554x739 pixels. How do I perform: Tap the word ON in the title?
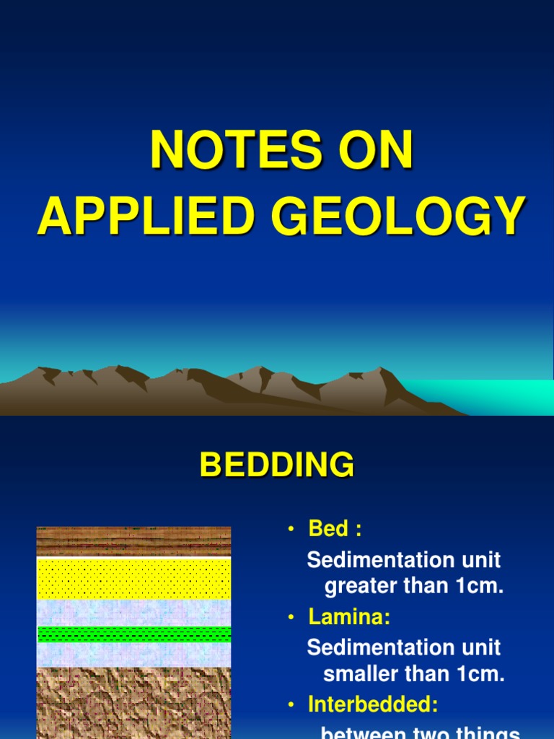coord(377,151)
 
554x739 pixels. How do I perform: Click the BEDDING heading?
coord(277,465)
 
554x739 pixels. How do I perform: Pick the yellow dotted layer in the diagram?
coord(133,578)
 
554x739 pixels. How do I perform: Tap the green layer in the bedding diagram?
coord(133,634)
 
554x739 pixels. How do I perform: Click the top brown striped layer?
coord(133,541)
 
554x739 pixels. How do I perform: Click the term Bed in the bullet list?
coord(328,529)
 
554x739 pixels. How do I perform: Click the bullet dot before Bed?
coord(291,530)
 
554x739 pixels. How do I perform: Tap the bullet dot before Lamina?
coord(291,618)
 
